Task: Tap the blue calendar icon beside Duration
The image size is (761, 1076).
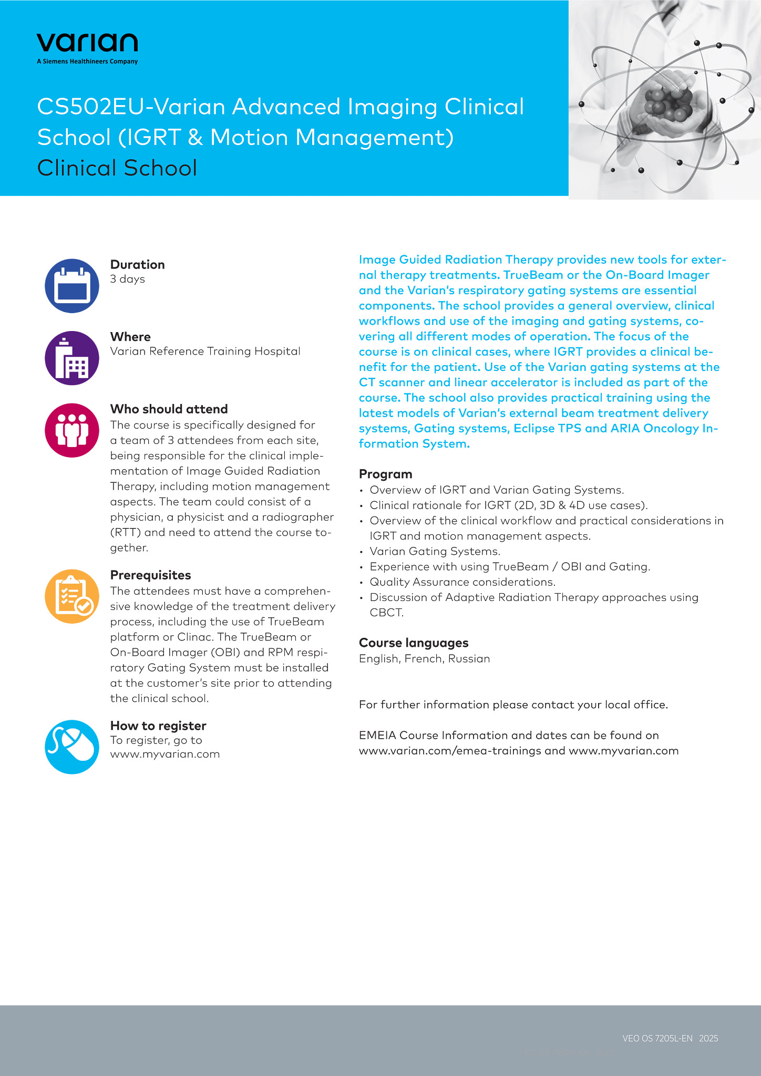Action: (x=72, y=286)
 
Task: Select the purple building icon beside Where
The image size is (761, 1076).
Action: (x=72, y=358)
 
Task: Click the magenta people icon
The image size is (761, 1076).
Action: (x=72, y=430)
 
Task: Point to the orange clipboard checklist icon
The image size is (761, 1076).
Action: (x=72, y=596)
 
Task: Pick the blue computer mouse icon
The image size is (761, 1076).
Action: (x=72, y=747)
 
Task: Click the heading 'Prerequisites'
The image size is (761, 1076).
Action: (x=150, y=575)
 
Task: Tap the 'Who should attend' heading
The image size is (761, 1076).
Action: (x=169, y=409)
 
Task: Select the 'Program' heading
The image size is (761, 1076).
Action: (x=385, y=474)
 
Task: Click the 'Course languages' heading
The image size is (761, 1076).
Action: (x=413, y=643)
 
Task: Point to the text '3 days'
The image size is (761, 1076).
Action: (x=127, y=279)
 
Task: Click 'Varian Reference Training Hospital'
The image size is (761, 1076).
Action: (x=205, y=351)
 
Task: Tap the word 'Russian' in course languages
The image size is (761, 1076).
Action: (x=469, y=658)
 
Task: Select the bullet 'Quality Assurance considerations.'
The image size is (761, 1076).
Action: (x=462, y=582)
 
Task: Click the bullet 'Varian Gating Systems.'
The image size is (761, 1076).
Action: (x=435, y=551)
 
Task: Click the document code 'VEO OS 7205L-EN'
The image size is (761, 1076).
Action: (x=657, y=1038)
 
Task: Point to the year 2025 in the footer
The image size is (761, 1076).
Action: (x=708, y=1038)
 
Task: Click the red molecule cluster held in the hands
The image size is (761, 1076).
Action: (x=666, y=102)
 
